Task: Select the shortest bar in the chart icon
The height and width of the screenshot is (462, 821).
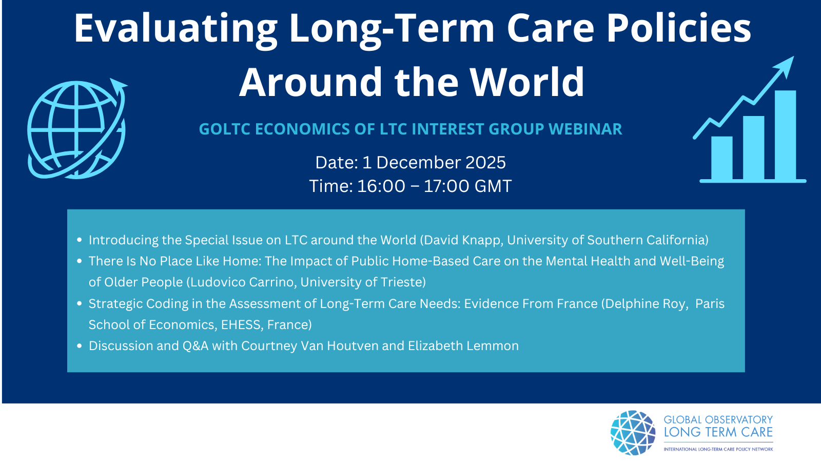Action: tap(721, 158)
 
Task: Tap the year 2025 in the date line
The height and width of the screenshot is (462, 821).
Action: tap(485, 162)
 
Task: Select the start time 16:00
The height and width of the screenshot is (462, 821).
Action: tap(381, 186)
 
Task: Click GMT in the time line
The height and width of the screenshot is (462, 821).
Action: tap(493, 186)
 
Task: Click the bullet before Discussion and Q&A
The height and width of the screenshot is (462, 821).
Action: tap(79, 346)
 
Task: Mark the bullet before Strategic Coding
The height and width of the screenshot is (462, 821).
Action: tap(79, 303)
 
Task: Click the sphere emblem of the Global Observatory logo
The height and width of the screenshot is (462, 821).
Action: tap(633, 433)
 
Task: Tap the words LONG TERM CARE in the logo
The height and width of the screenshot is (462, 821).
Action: tap(718, 432)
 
